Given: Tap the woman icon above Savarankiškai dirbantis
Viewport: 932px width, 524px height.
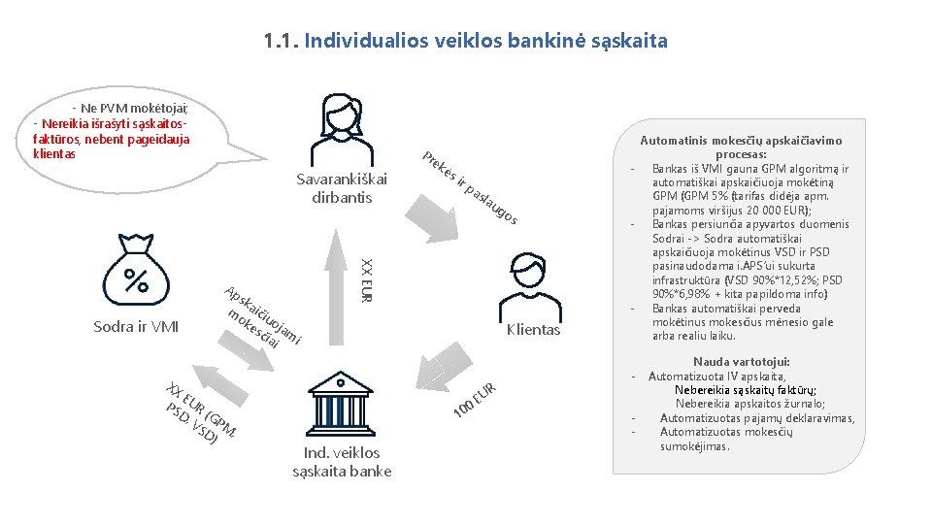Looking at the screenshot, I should (347, 130).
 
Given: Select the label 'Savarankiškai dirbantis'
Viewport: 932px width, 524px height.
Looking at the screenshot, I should (342, 188).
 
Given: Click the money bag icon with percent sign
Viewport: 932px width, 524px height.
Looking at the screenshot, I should (137, 273).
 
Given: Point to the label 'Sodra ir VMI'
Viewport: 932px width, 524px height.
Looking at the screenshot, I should (136, 326).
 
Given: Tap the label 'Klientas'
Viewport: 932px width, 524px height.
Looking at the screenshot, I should (533, 330).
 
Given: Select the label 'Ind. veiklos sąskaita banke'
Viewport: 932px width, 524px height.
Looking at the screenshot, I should (342, 462).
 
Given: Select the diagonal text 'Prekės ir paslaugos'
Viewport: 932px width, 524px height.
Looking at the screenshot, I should (469, 190).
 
